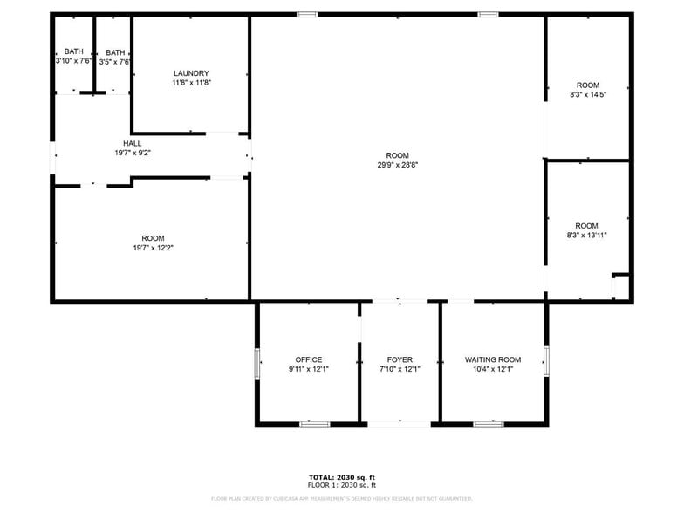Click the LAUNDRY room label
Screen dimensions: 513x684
click(x=191, y=73)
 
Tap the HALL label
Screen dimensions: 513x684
click(x=133, y=143)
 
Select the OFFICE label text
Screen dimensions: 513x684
click(x=308, y=359)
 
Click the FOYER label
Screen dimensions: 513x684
click(x=400, y=359)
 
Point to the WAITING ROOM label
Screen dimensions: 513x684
click(x=493, y=359)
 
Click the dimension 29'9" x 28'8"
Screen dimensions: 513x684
click(x=398, y=165)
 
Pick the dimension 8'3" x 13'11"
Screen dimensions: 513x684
click(x=587, y=235)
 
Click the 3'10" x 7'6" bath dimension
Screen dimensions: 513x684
click(x=73, y=61)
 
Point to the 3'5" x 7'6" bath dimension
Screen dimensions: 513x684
click(x=115, y=62)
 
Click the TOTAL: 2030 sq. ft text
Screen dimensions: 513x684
click(x=341, y=477)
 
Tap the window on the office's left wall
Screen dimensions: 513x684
click(x=256, y=363)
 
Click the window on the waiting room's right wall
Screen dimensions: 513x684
click(x=546, y=359)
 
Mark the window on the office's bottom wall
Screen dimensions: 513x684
click(x=314, y=424)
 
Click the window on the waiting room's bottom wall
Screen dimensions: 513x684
click(x=488, y=424)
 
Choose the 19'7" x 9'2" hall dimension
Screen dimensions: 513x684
click(x=133, y=153)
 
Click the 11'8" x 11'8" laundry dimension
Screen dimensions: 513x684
click(x=191, y=83)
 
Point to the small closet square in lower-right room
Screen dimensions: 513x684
click(x=620, y=286)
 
